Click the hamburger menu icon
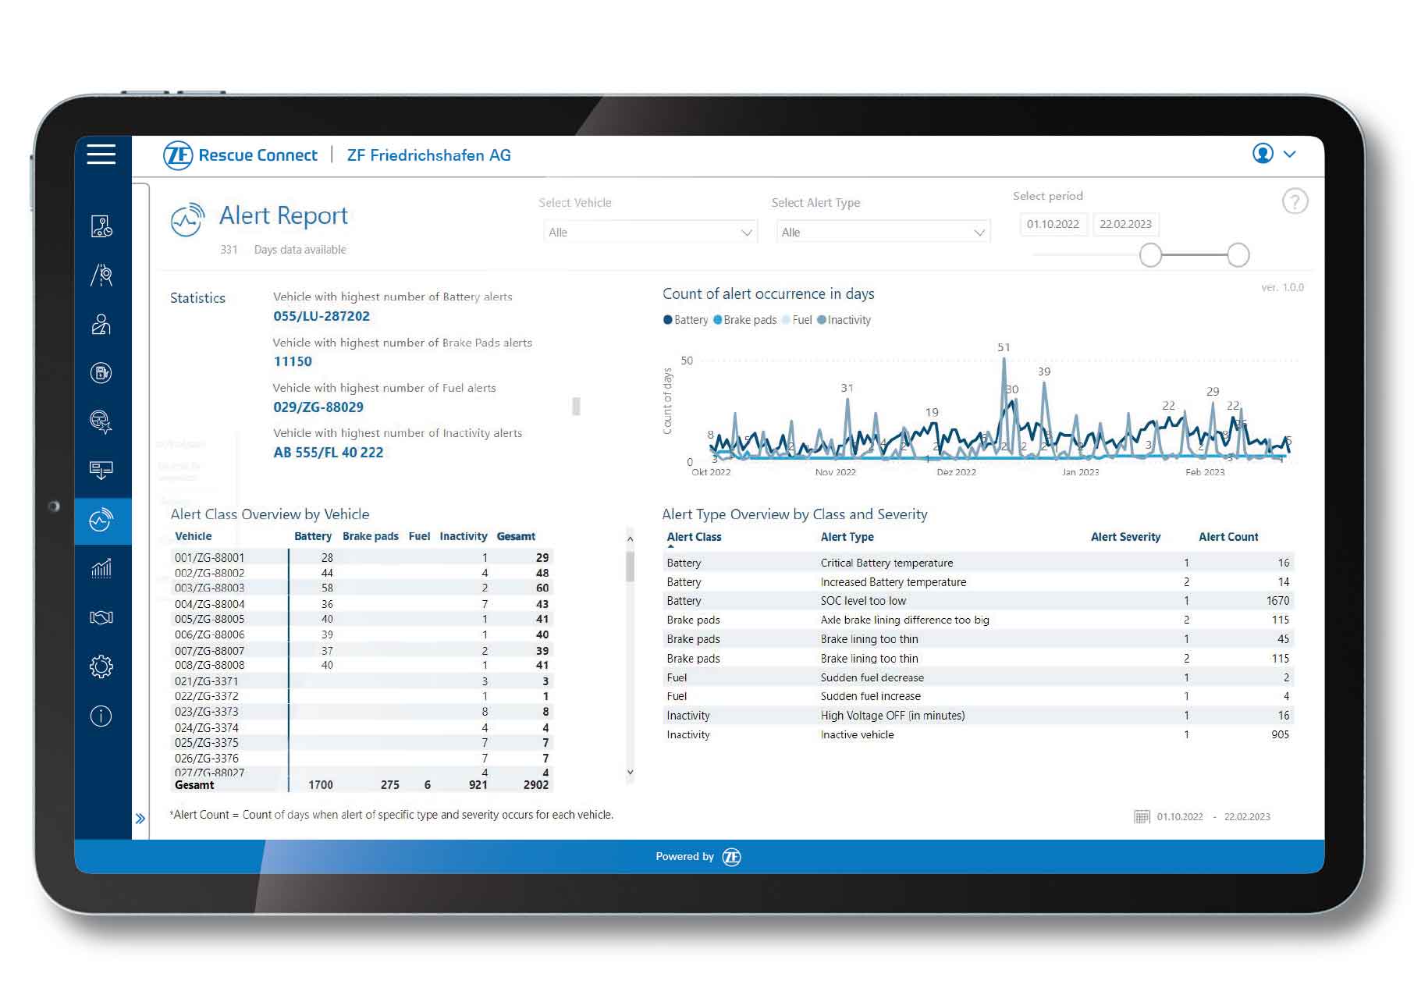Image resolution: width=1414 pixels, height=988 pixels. [101, 154]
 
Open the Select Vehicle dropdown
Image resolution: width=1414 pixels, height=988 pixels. [649, 233]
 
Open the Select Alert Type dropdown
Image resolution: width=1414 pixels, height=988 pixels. [883, 233]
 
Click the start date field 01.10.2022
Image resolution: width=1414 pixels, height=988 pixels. [1052, 224]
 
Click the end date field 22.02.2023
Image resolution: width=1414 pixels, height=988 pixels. [1125, 224]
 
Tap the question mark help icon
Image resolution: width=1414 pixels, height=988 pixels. [1295, 202]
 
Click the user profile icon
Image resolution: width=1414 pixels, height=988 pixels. [1263, 154]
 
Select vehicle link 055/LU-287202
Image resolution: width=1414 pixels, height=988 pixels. [322, 316]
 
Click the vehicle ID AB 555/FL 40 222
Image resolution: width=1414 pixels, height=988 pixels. [328, 453]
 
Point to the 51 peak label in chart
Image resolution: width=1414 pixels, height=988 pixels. [1004, 347]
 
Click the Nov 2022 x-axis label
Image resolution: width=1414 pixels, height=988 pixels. [835, 472]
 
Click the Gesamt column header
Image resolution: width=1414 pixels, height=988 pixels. [516, 536]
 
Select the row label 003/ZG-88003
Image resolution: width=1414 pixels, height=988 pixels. [209, 588]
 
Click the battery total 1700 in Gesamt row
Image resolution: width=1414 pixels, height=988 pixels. [320, 785]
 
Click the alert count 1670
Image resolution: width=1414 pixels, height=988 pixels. [1277, 601]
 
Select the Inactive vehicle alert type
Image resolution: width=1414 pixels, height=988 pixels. [857, 734]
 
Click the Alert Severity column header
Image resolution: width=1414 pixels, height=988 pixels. [1125, 537]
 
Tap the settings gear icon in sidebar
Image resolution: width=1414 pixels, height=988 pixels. [101, 666]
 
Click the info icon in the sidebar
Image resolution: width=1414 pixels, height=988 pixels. [101, 716]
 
